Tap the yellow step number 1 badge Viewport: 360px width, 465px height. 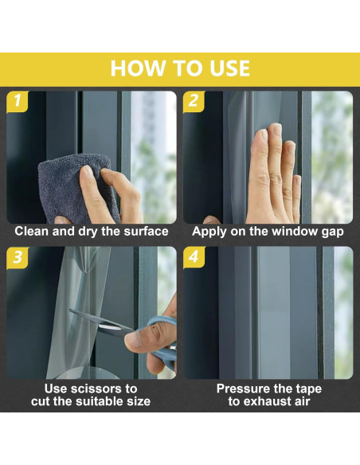(18, 101)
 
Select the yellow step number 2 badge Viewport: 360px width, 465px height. (194, 101)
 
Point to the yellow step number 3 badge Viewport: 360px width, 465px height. (18, 257)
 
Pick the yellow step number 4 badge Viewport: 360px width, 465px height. (194, 257)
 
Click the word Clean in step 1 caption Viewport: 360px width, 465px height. (31, 232)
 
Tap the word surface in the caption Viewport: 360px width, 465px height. (146, 232)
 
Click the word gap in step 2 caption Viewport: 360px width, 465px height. (332, 232)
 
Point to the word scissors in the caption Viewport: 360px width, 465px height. (97, 389)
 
